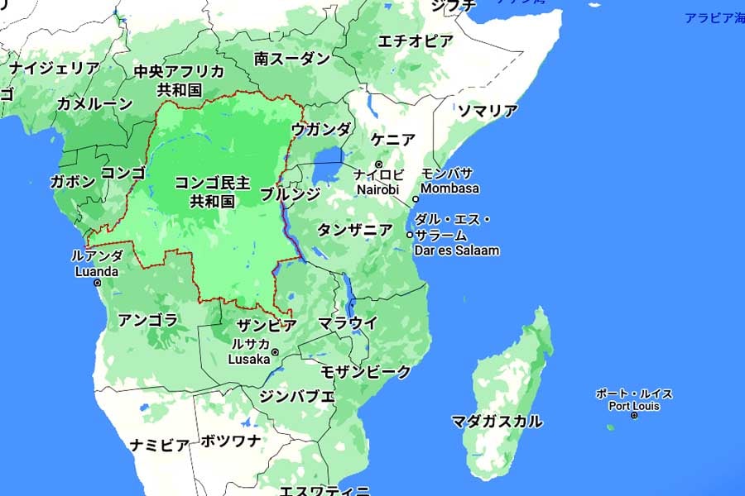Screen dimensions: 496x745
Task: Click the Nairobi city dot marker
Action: tap(379, 165)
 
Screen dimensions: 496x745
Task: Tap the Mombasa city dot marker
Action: tap(416, 198)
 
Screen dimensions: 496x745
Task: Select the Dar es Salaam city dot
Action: tap(409, 235)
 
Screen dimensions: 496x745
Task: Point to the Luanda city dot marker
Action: tap(98, 283)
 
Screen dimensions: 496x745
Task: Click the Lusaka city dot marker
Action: tap(275, 352)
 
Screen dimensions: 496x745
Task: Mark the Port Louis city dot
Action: tap(633, 415)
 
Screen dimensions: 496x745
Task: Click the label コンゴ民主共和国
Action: tap(206, 191)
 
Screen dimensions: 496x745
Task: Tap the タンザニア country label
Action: tap(355, 230)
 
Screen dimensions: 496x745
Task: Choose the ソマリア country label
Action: tap(488, 111)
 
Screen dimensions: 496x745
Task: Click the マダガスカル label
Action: tap(497, 422)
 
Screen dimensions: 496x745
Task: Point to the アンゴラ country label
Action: tap(148, 320)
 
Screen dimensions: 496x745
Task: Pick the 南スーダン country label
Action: tap(292, 59)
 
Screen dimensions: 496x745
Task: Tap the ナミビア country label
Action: tap(160, 445)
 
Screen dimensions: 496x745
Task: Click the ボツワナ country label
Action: tap(231, 441)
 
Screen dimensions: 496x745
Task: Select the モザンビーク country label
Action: tap(366, 372)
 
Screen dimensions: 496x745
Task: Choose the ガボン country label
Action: tap(73, 182)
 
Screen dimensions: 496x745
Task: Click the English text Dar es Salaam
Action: tap(457, 250)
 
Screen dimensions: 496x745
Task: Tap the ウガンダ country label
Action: tap(321, 129)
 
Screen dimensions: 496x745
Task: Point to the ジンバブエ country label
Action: tap(297, 396)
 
